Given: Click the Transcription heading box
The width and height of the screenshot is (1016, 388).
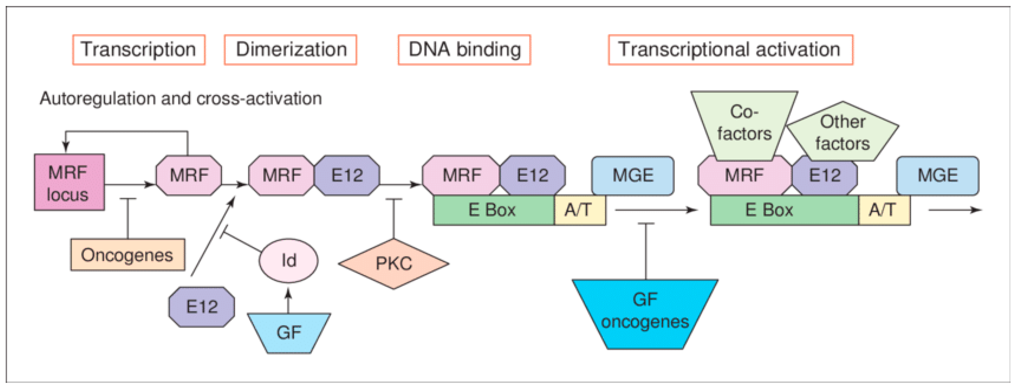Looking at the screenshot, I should point(139,50).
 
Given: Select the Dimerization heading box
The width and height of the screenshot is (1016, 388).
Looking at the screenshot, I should point(290,50).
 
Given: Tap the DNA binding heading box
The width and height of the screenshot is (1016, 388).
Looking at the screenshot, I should point(464,50).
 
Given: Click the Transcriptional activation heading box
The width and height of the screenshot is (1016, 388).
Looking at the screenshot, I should point(730,50).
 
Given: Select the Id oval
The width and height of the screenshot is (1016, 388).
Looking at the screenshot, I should point(288,260).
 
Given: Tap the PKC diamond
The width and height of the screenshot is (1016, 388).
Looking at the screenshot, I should point(393,264).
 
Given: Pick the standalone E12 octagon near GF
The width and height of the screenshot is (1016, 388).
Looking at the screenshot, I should point(201,307).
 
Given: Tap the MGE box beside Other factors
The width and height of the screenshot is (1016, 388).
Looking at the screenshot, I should point(938,175).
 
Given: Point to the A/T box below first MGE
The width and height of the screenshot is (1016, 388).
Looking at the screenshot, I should point(579,210).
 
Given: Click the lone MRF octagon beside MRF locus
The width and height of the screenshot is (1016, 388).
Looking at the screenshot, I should point(189,175).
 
